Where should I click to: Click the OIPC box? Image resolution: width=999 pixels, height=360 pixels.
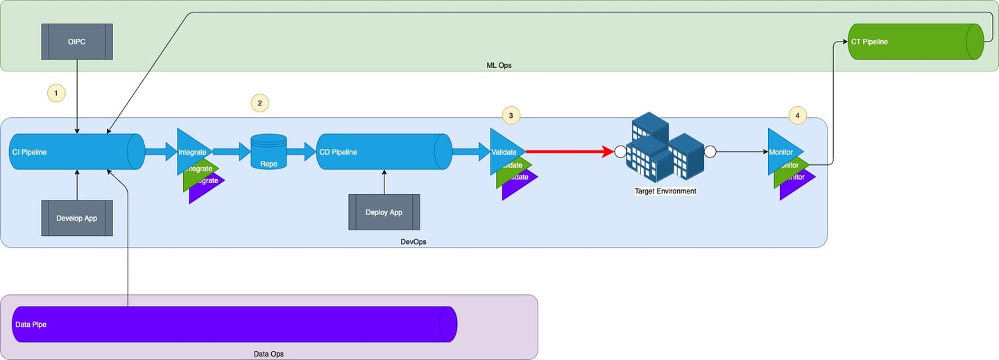(77, 42)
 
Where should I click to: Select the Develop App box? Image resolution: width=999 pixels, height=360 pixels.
(77, 218)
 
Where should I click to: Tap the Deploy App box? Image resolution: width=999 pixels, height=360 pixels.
(384, 212)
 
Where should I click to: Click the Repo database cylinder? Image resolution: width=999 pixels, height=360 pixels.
(268, 152)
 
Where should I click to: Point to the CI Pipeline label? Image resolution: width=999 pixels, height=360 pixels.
(29, 152)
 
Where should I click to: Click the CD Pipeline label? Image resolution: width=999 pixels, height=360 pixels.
(338, 152)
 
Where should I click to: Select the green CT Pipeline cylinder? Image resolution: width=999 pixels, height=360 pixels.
(916, 42)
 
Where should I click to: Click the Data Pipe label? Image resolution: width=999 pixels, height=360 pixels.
(31, 324)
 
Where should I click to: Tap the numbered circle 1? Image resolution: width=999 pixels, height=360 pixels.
(55, 92)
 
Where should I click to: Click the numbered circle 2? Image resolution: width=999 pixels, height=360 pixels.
(259, 103)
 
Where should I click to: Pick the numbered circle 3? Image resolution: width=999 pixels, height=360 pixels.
(511, 116)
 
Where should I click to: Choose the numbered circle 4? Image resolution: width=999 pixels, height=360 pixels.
(798, 115)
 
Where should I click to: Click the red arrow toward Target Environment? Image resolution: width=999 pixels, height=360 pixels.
(569, 152)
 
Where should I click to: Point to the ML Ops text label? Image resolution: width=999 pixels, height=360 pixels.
(499, 65)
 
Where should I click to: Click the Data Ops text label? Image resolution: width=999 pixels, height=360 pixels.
(268, 354)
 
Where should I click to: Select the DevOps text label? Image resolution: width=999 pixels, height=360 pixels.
(413, 241)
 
